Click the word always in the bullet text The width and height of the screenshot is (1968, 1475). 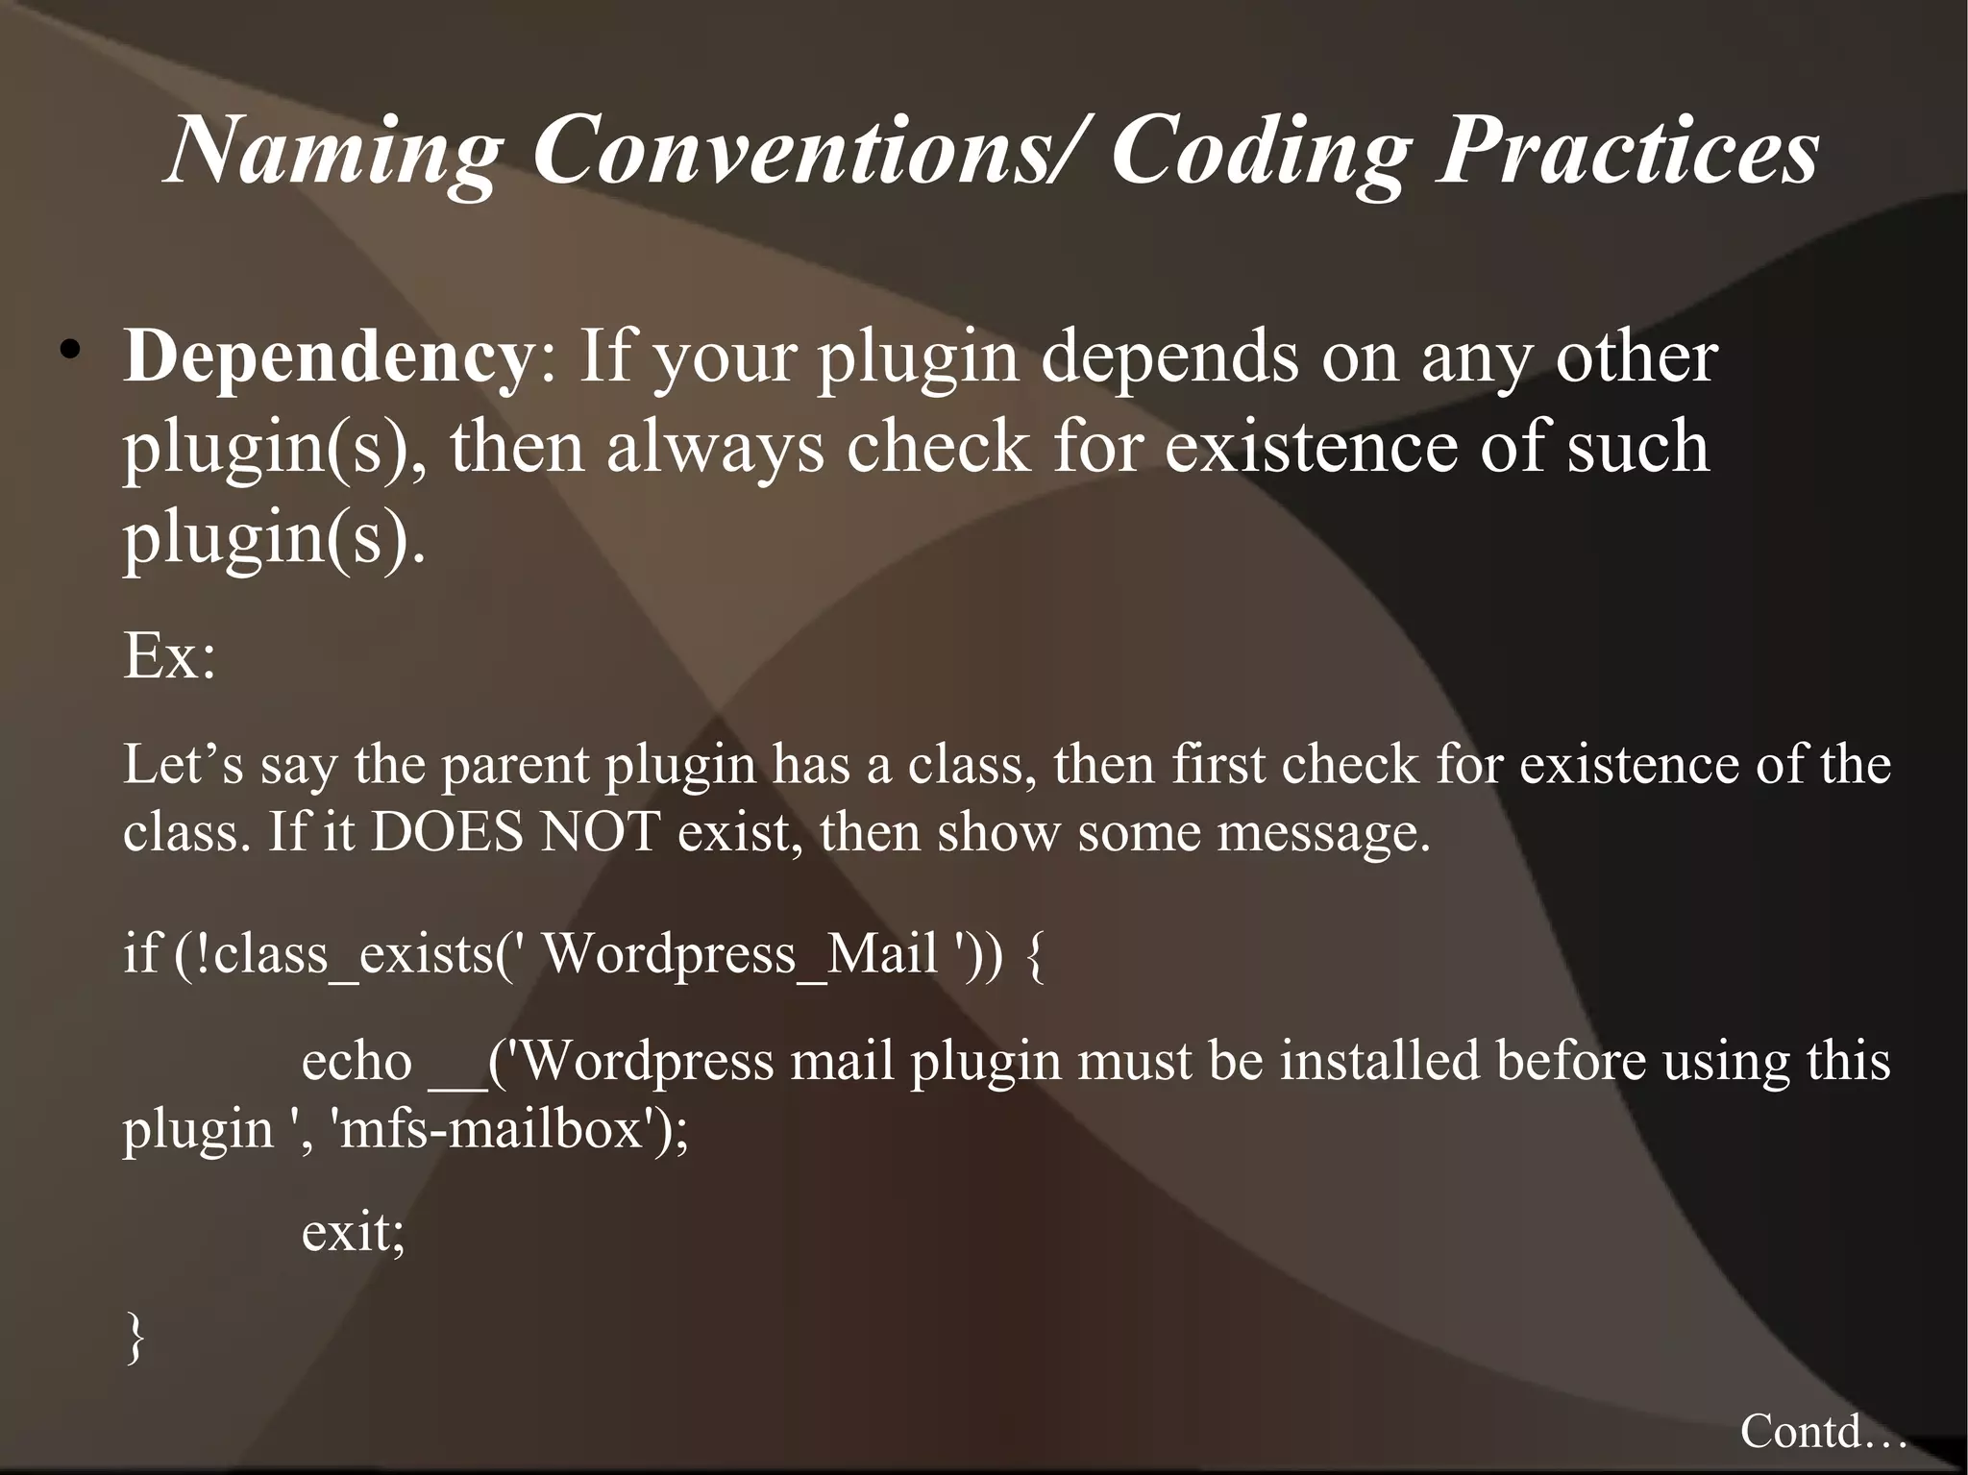click(714, 448)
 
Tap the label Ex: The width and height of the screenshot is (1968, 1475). click(169, 657)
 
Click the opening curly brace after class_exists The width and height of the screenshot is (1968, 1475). click(1035, 955)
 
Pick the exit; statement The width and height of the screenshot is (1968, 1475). click(353, 1232)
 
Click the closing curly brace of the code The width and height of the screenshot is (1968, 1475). click(135, 1338)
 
